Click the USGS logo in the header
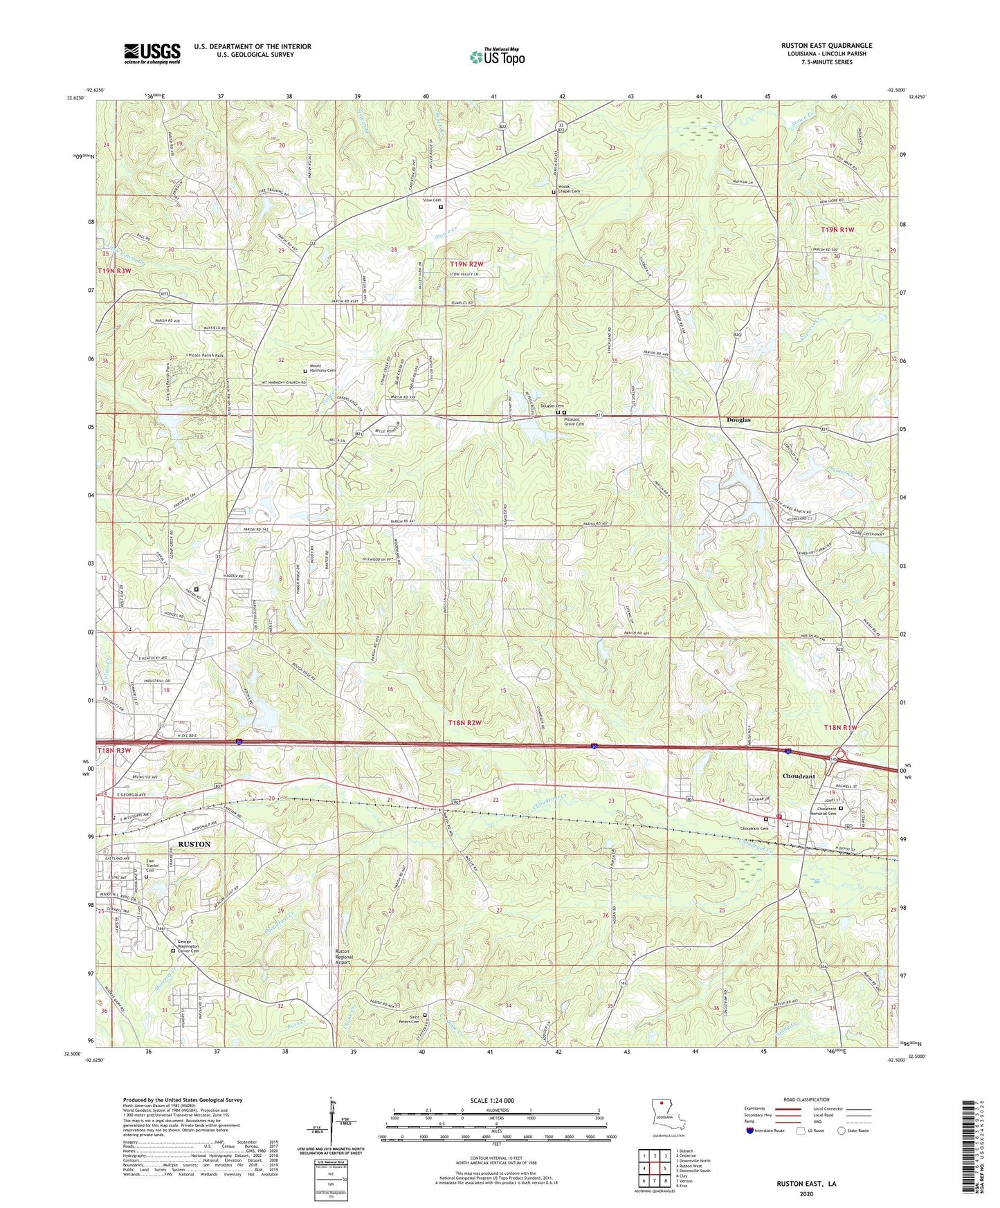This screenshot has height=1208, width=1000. click(152, 53)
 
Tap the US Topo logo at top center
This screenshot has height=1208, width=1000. click(496, 57)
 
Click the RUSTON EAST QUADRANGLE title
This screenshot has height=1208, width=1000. click(826, 46)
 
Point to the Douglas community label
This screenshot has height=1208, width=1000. click(738, 420)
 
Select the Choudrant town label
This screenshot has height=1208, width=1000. click(799, 776)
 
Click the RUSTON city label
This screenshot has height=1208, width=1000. click(194, 845)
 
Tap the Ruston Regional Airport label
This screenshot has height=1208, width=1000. click(343, 956)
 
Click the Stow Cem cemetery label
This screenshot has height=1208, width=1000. click(432, 201)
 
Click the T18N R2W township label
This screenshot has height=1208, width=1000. click(464, 722)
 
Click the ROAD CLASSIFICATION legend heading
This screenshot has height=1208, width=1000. click(806, 1099)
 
